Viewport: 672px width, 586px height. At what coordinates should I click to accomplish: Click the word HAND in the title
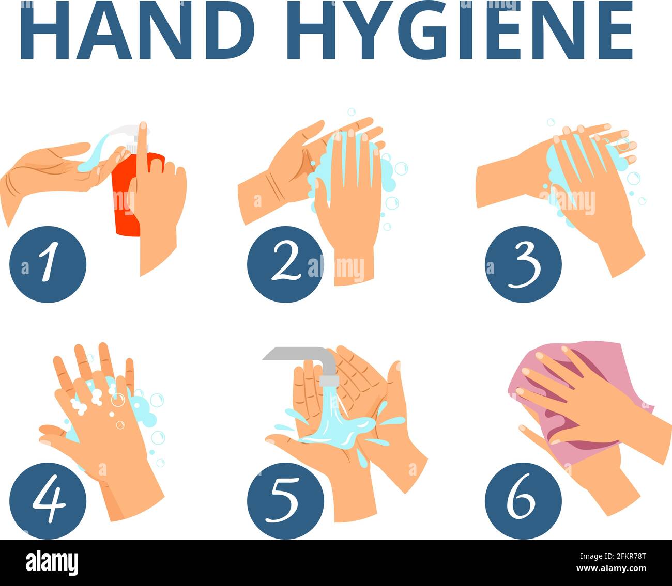(x=138, y=29)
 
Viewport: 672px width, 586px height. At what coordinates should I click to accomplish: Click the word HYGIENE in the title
(x=460, y=29)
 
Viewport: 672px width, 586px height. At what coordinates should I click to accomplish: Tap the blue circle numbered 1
(x=48, y=264)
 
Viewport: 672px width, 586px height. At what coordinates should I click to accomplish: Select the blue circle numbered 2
(x=285, y=264)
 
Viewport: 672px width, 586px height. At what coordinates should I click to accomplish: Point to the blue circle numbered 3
(x=523, y=264)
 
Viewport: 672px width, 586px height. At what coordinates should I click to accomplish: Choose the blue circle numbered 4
(x=48, y=501)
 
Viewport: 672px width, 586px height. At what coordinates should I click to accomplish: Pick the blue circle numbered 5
(x=285, y=501)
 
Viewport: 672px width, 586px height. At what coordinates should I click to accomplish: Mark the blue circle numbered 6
(x=523, y=501)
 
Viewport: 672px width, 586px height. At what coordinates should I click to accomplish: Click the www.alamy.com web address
(x=611, y=568)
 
